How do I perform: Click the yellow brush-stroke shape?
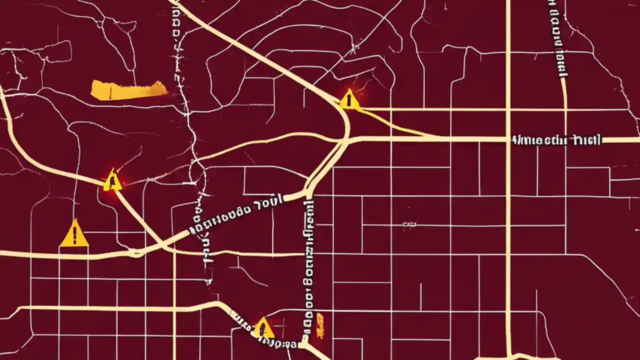(x=129, y=89)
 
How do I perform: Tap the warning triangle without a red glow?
(x=74, y=234)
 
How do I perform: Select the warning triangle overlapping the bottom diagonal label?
(x=263, y=328)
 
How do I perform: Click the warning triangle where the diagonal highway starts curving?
(x=349, y=99)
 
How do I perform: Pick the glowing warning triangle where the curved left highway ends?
(x=113, y=180)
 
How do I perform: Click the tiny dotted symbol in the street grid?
(x=409, y=225)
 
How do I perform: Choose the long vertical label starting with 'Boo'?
(x=308, y=270)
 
